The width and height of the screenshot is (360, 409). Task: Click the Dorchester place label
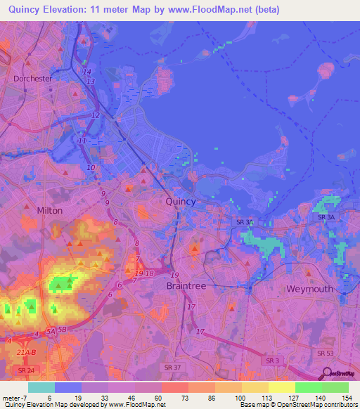[32, 79]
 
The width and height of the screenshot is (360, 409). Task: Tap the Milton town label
[49, 210]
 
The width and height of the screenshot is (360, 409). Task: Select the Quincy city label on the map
[181, 201]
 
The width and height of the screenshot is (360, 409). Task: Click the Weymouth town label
[309, 290]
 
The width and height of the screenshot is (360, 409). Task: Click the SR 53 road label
[324, 353]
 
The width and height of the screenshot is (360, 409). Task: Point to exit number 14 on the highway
[87, 72]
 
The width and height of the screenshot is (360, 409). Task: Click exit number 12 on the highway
[96, 115]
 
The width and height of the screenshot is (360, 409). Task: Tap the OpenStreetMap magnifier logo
[327, 373]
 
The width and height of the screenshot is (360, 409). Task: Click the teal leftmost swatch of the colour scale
[41, 387]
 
